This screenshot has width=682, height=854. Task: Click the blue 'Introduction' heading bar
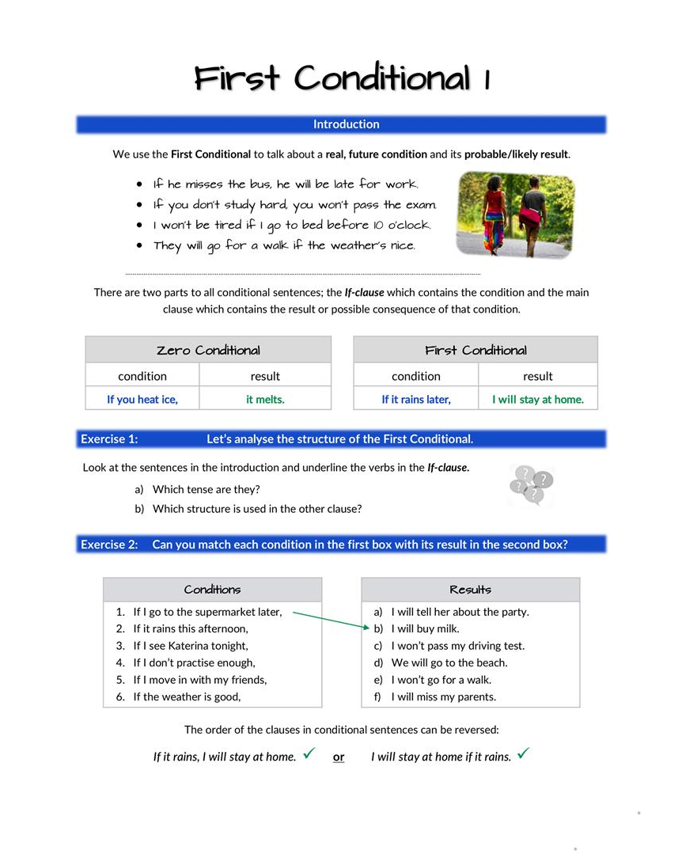point(341,124)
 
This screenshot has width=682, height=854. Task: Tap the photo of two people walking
point(515,214)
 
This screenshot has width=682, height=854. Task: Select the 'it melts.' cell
point(265,400)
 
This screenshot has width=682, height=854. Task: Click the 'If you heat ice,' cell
point(142,400)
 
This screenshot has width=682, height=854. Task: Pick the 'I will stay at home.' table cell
point(538,400)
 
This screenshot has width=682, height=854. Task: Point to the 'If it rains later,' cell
point(416,400)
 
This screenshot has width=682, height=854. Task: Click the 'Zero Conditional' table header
point(208,350)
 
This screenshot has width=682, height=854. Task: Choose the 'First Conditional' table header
point(476,350)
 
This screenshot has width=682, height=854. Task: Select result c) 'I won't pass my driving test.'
point(457,646)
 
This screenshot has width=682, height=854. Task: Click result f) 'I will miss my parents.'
point(443,696)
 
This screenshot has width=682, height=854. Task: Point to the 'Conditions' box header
point(212,590)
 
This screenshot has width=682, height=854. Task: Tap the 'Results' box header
point(470,590)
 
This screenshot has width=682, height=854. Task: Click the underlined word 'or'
point(339,757)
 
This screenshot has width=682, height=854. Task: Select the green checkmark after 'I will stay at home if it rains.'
point(522,753)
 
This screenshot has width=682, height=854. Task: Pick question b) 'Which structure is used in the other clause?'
point(257,508)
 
